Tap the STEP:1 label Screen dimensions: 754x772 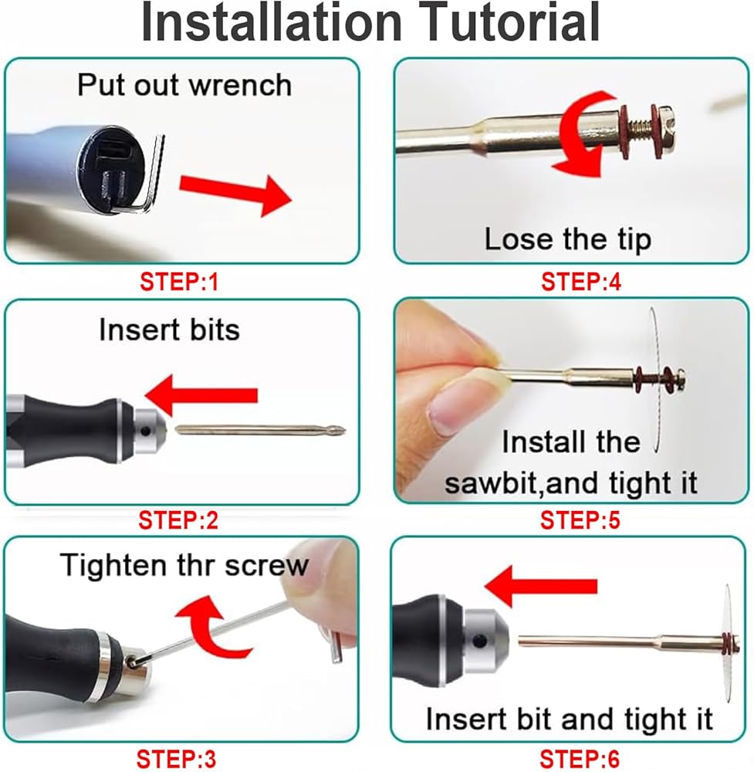(x=179, y=282)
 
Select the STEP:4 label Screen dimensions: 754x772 (x=581, y=282)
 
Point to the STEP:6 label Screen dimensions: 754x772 (x=580, y=759)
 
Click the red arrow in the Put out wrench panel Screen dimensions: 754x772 (x=235, y=193)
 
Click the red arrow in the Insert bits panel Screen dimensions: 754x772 (x=201, y=394)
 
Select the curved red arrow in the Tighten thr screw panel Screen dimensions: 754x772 (x=213, y=626)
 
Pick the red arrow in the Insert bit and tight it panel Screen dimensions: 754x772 (x=540, y=586)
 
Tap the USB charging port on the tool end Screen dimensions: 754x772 (x=113, y=152)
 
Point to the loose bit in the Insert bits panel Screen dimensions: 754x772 (x=261, y=430)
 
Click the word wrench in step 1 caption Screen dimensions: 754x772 (x=240, y=86)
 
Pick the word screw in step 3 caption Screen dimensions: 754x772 (x=266, y=566)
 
